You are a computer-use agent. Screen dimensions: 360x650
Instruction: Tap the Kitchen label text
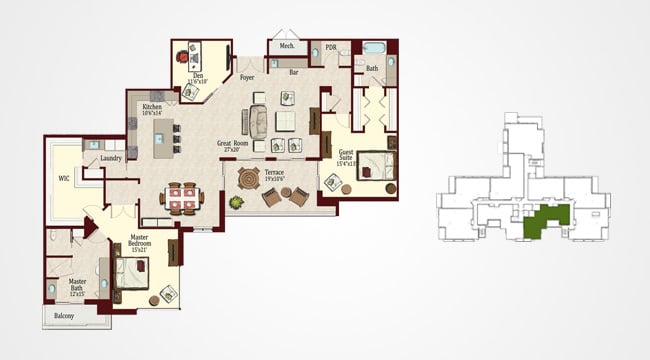tap(152, 109)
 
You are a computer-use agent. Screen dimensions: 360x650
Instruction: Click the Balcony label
tap(63, 316)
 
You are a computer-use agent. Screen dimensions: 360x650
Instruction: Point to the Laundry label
tap(111, 158)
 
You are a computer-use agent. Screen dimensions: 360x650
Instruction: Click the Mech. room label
tap(287, 46)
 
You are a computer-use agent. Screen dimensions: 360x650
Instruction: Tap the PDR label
tap(331, 47)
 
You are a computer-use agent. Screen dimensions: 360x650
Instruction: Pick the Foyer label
tap(247, 75)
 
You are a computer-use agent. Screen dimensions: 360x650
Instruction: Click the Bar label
tap(294, 72)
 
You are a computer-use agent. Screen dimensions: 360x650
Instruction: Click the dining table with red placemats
tap(181, 195)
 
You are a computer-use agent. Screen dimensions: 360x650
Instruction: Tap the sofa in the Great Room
tap(258, 119)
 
